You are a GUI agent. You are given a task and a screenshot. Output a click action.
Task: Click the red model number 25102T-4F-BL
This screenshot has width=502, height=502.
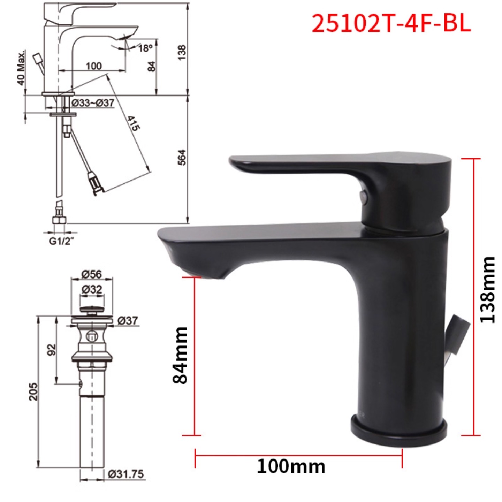391,24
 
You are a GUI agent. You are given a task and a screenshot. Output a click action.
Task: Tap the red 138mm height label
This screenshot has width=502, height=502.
487,290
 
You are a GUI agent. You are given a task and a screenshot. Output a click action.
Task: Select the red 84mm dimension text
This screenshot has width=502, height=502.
180,356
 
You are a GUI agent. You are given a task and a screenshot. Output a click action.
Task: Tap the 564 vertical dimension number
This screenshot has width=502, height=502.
182,157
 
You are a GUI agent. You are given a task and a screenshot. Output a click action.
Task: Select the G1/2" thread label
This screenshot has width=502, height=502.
62,241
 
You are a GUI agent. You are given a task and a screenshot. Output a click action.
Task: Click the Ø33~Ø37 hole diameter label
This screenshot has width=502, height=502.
93,103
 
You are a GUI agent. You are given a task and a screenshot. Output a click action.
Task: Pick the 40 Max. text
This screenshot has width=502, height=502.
21,68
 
